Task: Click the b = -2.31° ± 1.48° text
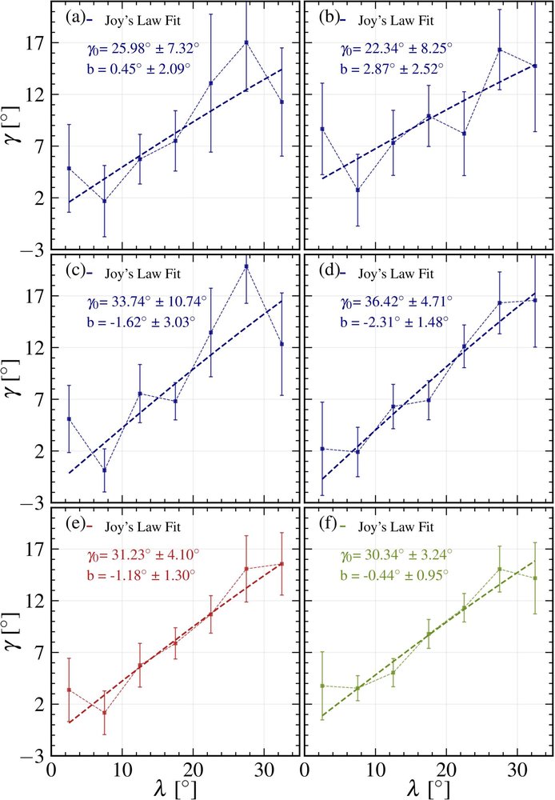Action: tap(395, 322)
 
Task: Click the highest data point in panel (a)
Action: tap(246, 42)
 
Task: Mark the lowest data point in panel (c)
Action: tap(104, 470)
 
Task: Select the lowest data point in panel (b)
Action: tap(357, 190)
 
